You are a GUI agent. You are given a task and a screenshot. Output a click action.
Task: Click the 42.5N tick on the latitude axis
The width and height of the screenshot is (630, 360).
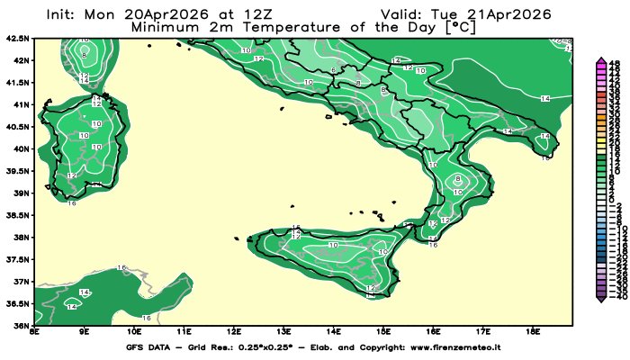(18, 39)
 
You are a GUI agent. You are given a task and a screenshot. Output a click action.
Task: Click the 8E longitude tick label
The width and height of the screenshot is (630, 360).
(34, 332)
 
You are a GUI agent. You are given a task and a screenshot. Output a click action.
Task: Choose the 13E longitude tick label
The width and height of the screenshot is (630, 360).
(283, 332)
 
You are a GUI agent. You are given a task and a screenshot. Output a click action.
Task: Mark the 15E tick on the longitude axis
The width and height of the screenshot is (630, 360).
(383, 332)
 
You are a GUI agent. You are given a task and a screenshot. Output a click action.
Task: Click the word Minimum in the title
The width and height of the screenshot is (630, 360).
(166, 27)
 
